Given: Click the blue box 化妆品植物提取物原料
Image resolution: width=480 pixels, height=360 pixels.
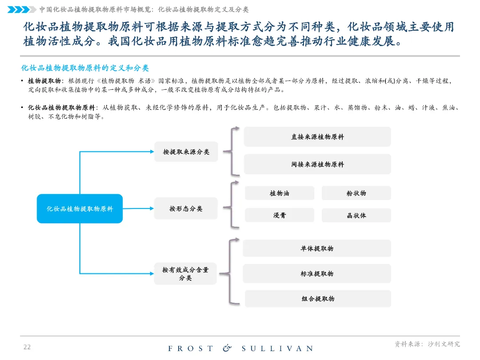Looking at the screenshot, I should pyautogui.click(x=80, y=208).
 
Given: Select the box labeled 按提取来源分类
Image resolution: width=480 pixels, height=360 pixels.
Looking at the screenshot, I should pyautogui.click(x=186, y=152).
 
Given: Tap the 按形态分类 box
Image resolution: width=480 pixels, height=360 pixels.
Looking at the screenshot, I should pyautogui.click(x=186, y=208).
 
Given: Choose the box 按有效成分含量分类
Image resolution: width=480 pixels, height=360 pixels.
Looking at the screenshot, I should pyautogui.click(x=185, y=273).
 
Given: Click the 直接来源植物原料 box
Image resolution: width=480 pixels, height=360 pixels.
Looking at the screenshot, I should pyautogui.click(x=317, y=137).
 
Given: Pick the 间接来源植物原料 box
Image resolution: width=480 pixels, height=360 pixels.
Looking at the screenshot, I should pyautogui.click(x=317, y=164).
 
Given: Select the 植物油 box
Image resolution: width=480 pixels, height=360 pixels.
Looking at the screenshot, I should pyautogui.click(x=280, y=193).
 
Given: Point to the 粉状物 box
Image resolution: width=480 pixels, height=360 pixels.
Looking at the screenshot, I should pyautogui.click(x=356, y=193).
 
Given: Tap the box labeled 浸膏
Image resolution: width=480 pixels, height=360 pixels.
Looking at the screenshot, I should pyautogui.click(x=280, y=216).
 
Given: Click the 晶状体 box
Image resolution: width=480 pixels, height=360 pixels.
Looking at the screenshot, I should pyautogui.click(x=356, y=216).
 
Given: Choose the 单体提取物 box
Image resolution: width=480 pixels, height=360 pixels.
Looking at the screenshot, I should pyautogui.click(x=317, y=248).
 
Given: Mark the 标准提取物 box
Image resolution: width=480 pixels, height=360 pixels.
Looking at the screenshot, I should pyautogui.click(x=317, y=274).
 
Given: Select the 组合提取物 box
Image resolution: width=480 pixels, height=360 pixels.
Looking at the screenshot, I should pyautogui.click(x=318, y=299).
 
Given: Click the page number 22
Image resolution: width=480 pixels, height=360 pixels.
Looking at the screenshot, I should pyautogui.click(x=27, y=347).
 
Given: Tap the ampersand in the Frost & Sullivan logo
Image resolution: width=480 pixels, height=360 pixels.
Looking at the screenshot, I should pyautogui.click(x=227, y=348).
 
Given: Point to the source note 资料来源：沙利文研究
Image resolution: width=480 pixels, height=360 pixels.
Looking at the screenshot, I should pyautogui.click(x=427, y=344).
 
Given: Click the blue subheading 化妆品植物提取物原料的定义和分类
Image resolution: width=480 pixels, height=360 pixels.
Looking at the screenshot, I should pyautogui.click(x=85, y=68).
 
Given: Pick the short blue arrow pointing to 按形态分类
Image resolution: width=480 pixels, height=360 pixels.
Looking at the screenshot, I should pyautogui.click(x=138, y=208).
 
